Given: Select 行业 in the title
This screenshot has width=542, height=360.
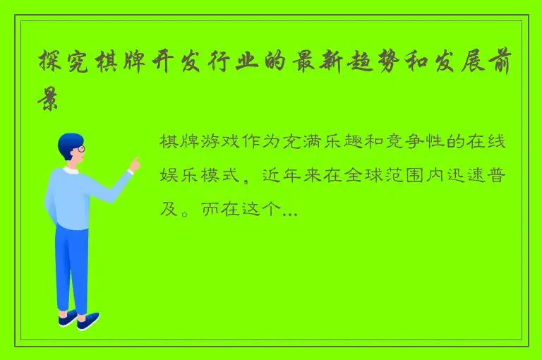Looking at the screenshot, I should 222,65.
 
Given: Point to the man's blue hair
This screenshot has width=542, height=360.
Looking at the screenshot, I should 68,141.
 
